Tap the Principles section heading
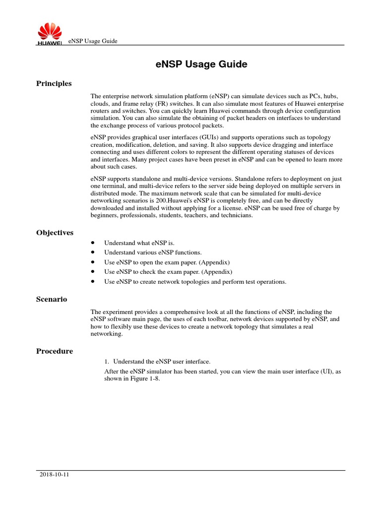click(54, 83)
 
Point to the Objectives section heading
click(55, 233)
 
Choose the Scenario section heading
click(52, 299)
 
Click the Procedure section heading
click(55, 351)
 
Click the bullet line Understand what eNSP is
click(139, 243)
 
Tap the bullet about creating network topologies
click(195, 281)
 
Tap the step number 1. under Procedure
click(108, 361)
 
